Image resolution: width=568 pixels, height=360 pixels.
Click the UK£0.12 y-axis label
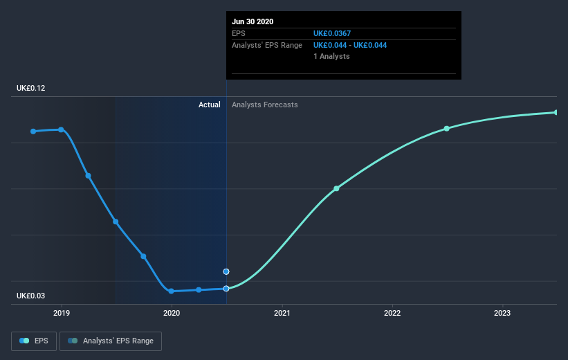(x=31, y=89)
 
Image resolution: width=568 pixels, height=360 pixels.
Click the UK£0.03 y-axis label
(x=31, y=296)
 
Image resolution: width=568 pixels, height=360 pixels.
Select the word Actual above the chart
(x=209, y=105)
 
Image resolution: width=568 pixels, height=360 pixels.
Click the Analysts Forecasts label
(x=265, y=105)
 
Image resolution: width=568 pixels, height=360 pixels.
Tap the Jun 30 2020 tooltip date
(x=253, y=21)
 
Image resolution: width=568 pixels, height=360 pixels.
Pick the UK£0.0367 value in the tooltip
(x=337, y=33)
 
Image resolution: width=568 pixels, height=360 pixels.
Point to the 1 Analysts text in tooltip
(x=331, y=56)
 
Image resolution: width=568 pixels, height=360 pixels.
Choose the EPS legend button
(x=34, y=341)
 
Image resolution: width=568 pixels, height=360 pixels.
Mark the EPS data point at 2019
(x=62, y=129)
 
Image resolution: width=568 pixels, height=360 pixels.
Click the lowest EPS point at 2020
(x=171, y=291)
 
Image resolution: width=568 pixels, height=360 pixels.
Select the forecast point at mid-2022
(x=447, y=128)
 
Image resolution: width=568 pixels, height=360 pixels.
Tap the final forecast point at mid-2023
(x=556, y=112)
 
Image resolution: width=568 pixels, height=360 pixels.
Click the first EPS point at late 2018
(x=33, y=131)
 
